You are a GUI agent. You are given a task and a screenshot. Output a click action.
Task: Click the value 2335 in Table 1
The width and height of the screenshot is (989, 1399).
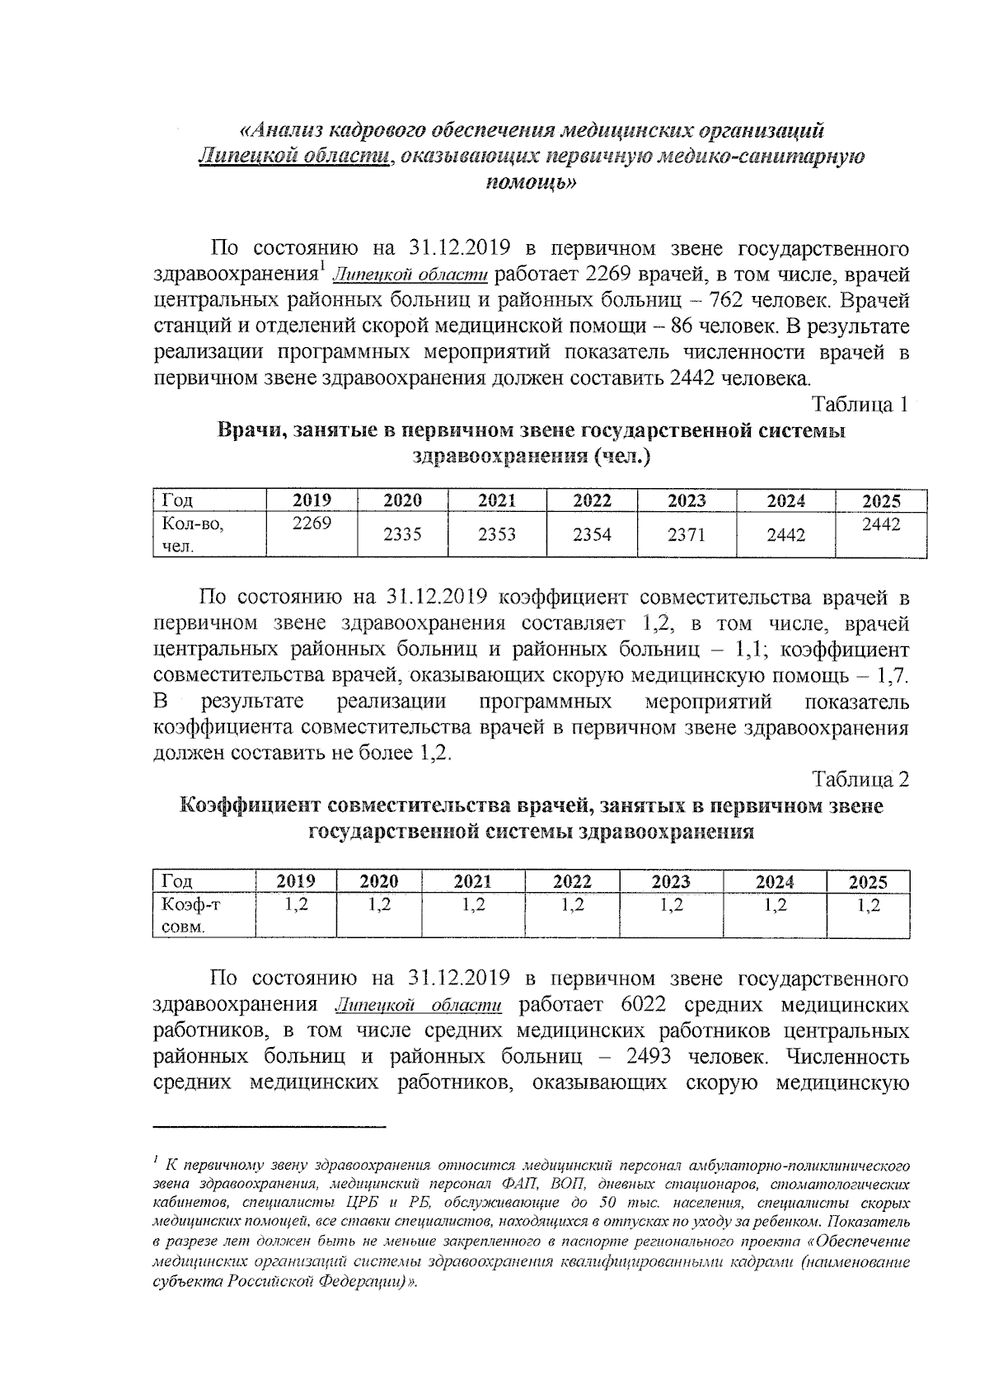(x=402, y=534)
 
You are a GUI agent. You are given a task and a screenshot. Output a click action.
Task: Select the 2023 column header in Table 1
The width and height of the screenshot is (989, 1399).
(x=687, y=500)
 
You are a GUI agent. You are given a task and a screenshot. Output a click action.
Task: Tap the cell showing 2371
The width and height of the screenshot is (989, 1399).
(x=687, y=534)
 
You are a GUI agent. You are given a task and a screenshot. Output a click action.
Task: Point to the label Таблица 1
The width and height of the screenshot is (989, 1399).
(x=860, y=405)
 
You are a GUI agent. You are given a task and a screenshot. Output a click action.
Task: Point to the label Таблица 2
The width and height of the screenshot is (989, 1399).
(x=860, y=779)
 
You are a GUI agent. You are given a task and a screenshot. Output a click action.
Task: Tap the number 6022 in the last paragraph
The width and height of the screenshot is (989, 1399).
(x=640, y=1005)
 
